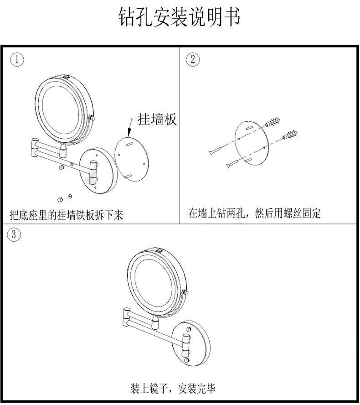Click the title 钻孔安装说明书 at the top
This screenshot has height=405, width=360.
179,18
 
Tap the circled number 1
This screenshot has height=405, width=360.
17,60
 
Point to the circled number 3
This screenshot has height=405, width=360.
15,234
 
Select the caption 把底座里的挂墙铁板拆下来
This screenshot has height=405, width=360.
67,214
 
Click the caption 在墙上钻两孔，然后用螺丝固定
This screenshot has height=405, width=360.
255,213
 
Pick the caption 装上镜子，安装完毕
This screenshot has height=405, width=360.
172,389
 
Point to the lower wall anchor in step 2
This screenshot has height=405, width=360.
290,135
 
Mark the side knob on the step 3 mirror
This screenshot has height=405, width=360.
185,292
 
